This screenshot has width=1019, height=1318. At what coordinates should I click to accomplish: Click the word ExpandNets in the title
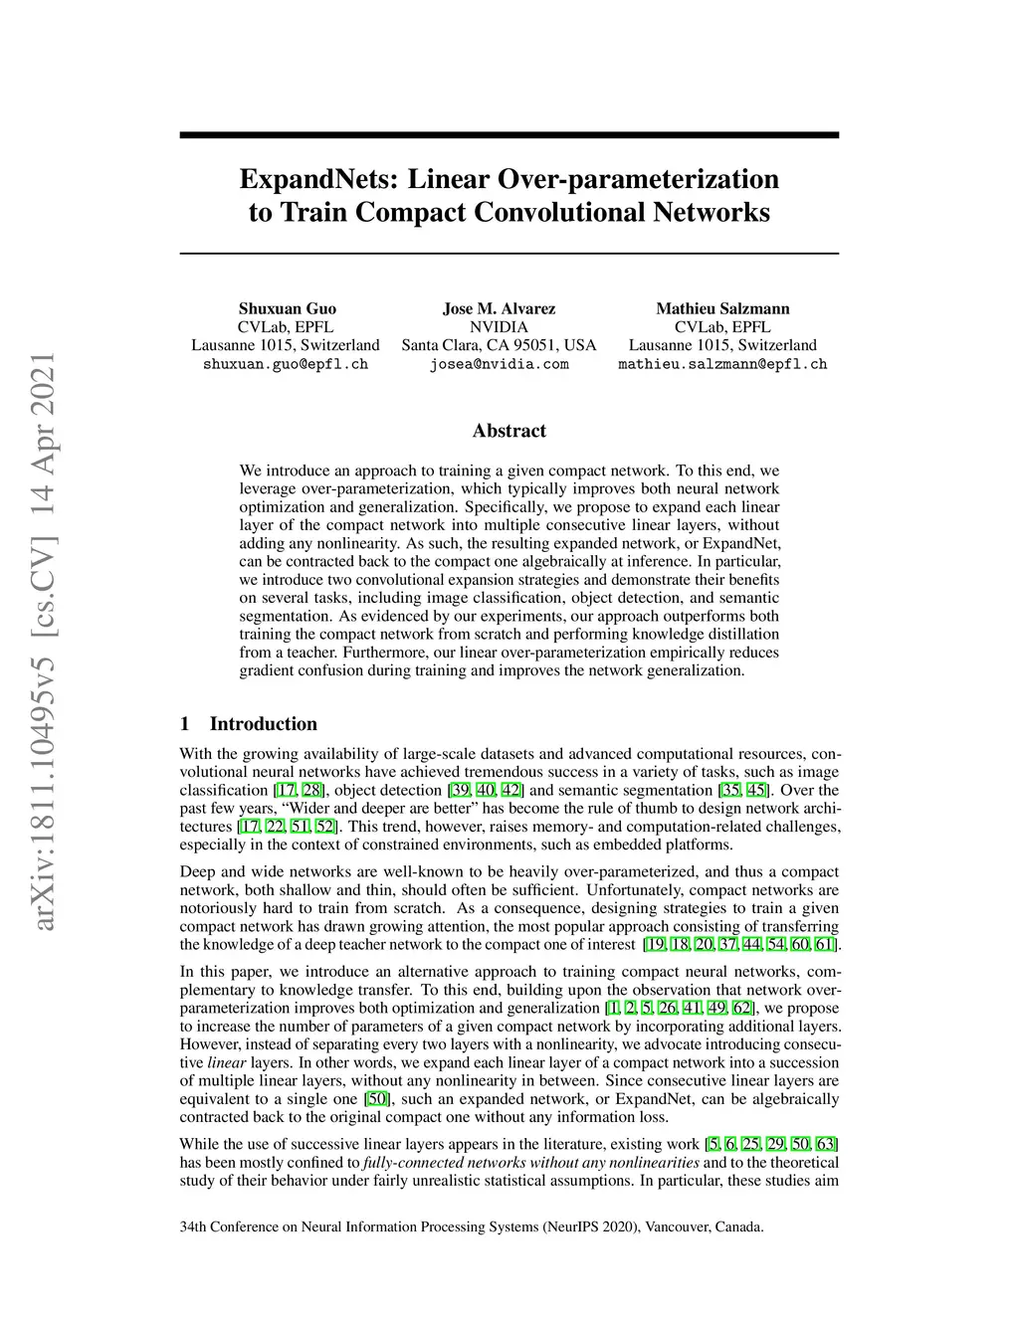pos(319,180)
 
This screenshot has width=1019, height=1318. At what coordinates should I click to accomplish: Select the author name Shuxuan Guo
pos(287,308)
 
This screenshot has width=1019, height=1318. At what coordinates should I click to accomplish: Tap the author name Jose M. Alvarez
pos(499,308)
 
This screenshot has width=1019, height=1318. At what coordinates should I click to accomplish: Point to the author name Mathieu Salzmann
pos(722,308)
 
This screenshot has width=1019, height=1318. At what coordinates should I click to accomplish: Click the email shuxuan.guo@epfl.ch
pos(286,364)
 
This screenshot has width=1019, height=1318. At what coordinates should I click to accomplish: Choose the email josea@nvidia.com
pos(499,364)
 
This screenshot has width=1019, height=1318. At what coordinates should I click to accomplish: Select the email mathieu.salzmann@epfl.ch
pos(722,364)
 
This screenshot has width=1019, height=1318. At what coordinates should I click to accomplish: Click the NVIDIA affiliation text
pos(499,326)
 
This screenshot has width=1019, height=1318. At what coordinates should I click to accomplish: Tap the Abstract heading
pos(509,431)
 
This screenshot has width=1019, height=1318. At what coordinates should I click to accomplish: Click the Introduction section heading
pos(263,724)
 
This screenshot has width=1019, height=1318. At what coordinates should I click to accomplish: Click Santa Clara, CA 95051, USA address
pos(499,345)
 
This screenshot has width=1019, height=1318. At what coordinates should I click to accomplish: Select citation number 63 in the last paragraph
pos(826,1144)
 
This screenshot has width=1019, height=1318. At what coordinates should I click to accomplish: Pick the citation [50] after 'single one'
pos(377,1099)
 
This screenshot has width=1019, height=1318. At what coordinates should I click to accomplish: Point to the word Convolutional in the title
pos(561,213)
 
